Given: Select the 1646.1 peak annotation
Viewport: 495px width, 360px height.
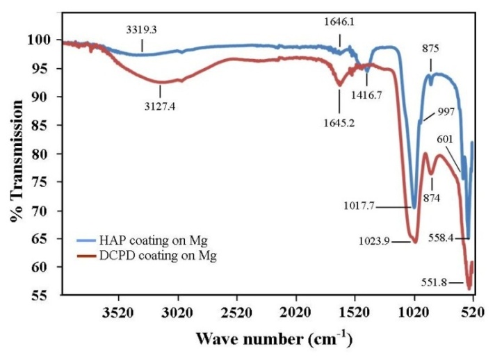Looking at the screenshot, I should pos(340,22).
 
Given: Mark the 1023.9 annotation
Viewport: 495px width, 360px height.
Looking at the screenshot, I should pos(376,241).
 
